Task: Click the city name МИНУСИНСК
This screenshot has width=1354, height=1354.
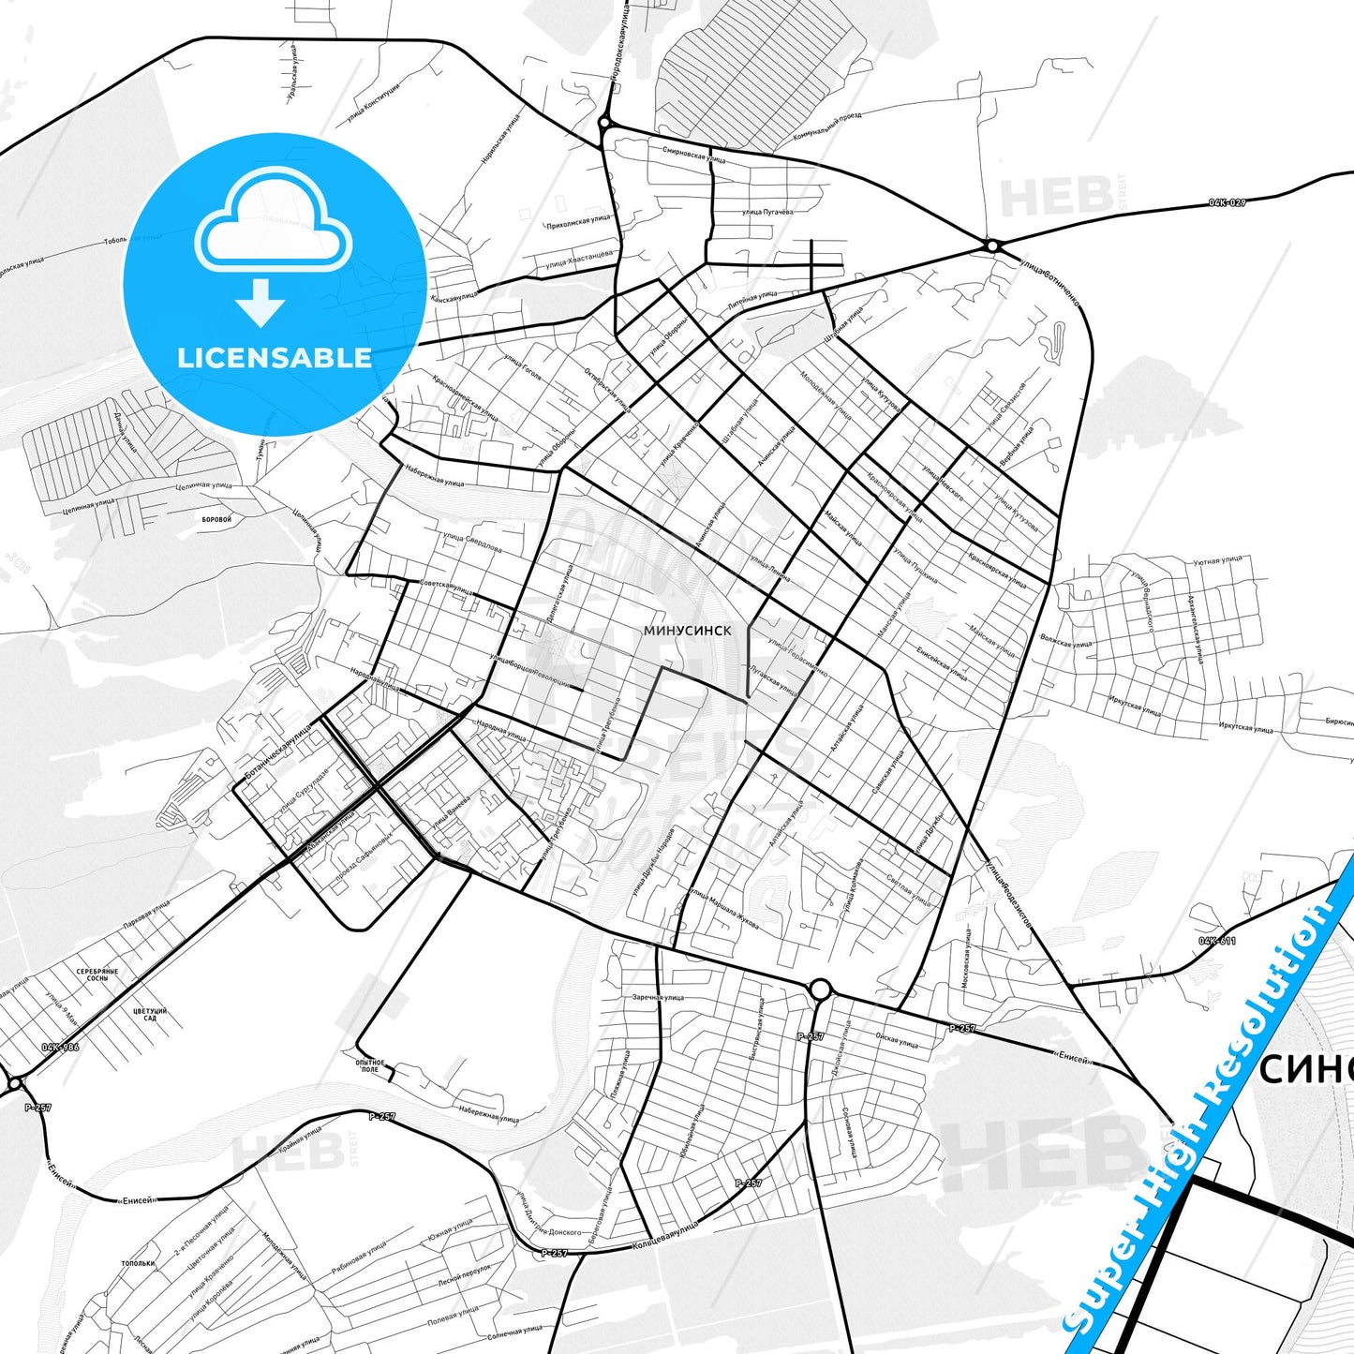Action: coord(688,631)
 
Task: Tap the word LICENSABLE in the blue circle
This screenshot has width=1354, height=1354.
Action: coord(275,358)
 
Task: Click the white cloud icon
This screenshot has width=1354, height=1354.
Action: coord(273,220)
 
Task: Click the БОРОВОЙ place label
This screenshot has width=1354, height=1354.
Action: coord(216,518)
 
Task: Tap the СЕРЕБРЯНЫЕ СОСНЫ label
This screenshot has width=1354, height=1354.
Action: coord(97,975)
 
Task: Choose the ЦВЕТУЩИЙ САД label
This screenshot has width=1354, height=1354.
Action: coord(150,1014)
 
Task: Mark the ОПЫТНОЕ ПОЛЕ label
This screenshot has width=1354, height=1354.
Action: coord(370,1065)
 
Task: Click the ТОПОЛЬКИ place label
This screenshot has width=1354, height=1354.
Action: coord(138,1263)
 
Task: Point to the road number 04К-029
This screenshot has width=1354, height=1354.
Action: coord(1227,203)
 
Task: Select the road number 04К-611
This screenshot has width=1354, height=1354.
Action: coord(1217,940)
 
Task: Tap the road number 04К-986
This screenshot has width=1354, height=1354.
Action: coord(60,1047)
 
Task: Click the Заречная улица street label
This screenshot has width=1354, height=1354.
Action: coord(658,997)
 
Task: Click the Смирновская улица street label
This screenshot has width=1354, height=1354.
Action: coord(693,154)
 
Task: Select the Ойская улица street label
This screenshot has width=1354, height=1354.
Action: coord(897,1039)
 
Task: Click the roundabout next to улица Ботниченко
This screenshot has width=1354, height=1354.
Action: coord(991,246)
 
